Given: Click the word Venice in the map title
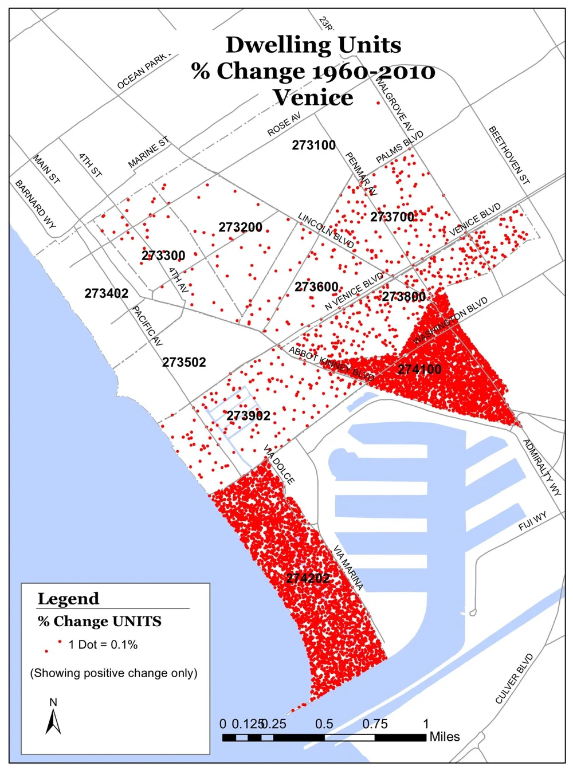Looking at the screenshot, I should click(313, 97).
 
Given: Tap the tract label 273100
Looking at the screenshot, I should click(313, 145).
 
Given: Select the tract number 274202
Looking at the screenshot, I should click(308, 578).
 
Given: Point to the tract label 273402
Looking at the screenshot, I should click(107, 293).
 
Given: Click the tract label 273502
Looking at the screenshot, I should click(184, 362).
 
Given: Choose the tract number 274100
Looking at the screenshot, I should click(419, 370).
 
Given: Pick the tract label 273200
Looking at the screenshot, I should click(240, 227).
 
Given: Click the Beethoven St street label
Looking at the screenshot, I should click(509, 155).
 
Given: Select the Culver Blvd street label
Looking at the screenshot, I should click(514, 678).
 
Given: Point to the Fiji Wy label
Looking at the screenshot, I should click(532, 521).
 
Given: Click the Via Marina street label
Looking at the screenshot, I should click(348, 568).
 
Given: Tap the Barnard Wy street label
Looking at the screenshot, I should click(36, 205).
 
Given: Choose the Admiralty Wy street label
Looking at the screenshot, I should click(542, 467).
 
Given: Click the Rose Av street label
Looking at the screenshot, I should click(284, 124).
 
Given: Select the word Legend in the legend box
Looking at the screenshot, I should click(68, 599).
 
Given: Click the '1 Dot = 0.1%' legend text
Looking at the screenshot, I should click(103, 645).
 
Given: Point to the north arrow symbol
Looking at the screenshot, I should click(53, 721).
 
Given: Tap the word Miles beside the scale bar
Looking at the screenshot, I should click(445, 737).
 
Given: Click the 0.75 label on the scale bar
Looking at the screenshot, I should click(375, 724).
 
